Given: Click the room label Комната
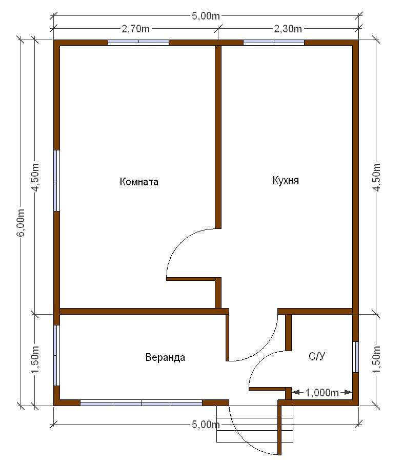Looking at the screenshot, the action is click(139, 182).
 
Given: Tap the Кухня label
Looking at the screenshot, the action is click(286, 180).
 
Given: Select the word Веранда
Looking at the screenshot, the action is click(166, 357).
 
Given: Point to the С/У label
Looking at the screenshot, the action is click(317, 356).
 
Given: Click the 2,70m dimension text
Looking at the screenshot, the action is click(136, 29).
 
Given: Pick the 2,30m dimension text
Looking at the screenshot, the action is click(288, 29).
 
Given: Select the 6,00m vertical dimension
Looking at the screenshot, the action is click(21, 223).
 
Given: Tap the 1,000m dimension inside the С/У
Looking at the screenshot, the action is click(322, 393).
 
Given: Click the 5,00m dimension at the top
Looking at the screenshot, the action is click(206, 15).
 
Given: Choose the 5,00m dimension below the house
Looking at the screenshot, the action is click(206, 424).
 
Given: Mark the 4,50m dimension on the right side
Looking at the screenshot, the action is click(376, 177).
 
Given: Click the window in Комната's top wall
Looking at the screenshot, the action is click(138, 42).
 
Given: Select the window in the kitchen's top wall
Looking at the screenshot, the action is click(274, 42).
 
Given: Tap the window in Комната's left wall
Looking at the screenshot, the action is click(56, 181).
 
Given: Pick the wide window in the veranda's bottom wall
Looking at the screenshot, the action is click(142, 402).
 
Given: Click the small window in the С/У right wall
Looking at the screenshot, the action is click(355, 357).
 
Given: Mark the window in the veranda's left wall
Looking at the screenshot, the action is click(56, 355).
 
